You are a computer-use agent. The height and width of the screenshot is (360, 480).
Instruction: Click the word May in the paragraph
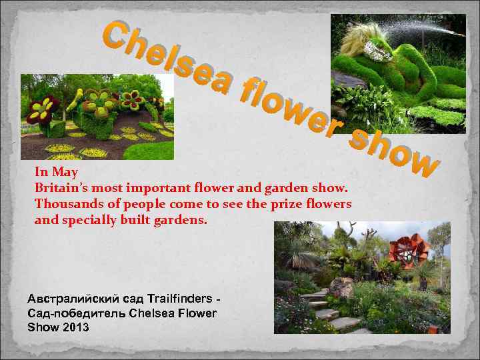tap(66, 172)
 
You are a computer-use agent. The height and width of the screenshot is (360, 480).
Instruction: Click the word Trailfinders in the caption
tap(181, 297)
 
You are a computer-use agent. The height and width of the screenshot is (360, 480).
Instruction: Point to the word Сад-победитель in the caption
tap(68, 313)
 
